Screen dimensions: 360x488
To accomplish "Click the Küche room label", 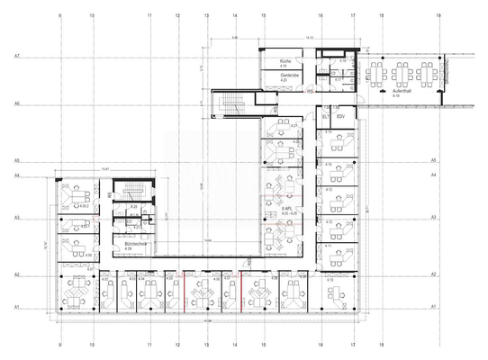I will [x=283, y=61].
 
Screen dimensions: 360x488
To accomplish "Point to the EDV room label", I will [x=341, y=116].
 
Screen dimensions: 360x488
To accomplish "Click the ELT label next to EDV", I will [x=325, y=116].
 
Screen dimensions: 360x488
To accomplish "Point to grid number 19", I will [x=438, y=16].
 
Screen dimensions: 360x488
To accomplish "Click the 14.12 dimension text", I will [x=308, y=39].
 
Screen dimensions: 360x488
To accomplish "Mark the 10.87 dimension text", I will [x=105, y=169].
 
